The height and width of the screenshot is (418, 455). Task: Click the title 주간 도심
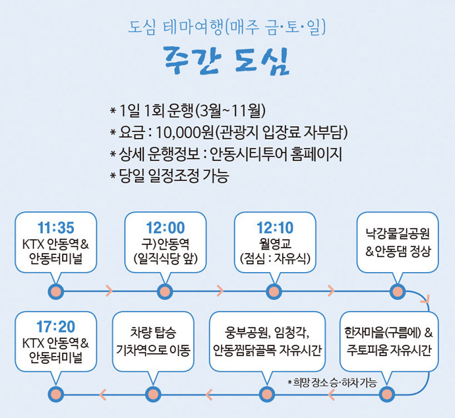coord(227,60)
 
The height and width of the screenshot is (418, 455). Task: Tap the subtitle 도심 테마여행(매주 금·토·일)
coord(227,28)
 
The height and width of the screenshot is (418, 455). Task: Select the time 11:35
coord(55,228)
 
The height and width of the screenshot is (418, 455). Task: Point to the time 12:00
coord(166,228)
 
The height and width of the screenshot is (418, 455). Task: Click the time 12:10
coord(276,228)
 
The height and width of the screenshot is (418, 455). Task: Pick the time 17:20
coord(55,326)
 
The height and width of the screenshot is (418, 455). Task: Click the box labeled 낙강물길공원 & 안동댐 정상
coord(398,242)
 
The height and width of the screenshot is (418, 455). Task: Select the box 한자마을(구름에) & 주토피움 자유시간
coord(388,340)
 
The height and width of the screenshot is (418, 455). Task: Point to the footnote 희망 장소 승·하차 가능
coord(332,382)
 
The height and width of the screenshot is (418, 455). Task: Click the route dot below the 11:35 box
coord(55,291)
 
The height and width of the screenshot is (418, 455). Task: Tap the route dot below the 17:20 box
coord(55,395)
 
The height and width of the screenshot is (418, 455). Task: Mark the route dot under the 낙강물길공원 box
coord(396,291)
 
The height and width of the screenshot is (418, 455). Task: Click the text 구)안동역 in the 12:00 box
coord(166,242)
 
